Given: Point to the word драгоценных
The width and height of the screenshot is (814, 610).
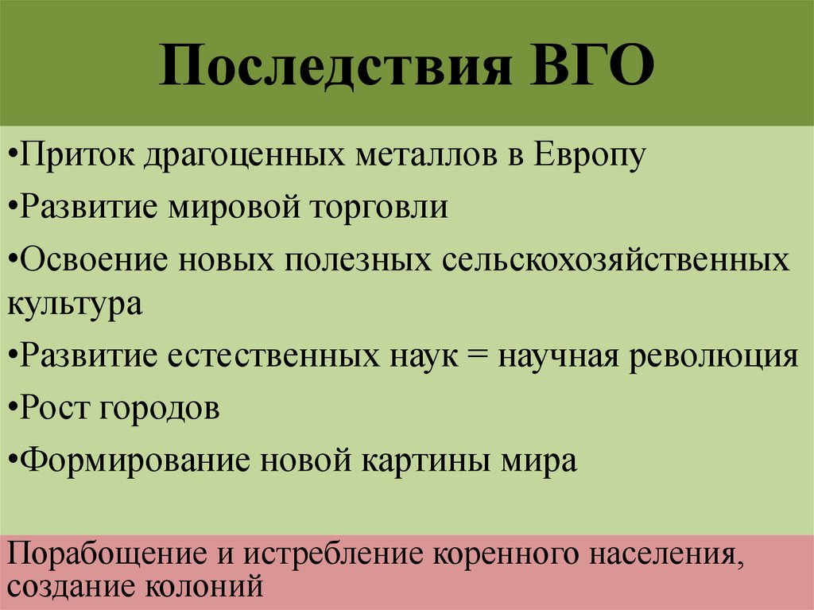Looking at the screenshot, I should click(x=242, y=154).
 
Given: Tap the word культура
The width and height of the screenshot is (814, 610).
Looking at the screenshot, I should click(x=76, y=304).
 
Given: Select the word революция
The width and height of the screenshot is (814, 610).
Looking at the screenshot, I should click(x=716, y=356).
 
